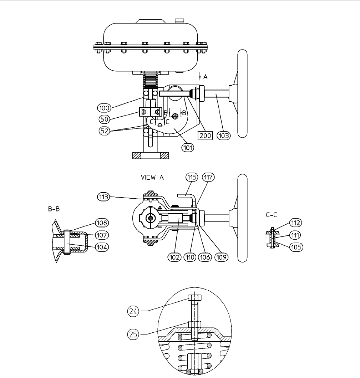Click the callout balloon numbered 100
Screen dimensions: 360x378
104,108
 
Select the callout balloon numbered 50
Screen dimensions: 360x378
105,119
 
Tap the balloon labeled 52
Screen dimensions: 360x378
105,131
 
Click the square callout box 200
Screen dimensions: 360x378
205,136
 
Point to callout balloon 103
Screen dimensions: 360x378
223,136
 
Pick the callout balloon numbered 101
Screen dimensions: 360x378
188,147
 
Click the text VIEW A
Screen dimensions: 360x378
152,178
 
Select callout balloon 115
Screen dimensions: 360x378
192,178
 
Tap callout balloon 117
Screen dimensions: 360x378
208,178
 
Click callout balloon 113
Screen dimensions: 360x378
103,197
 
